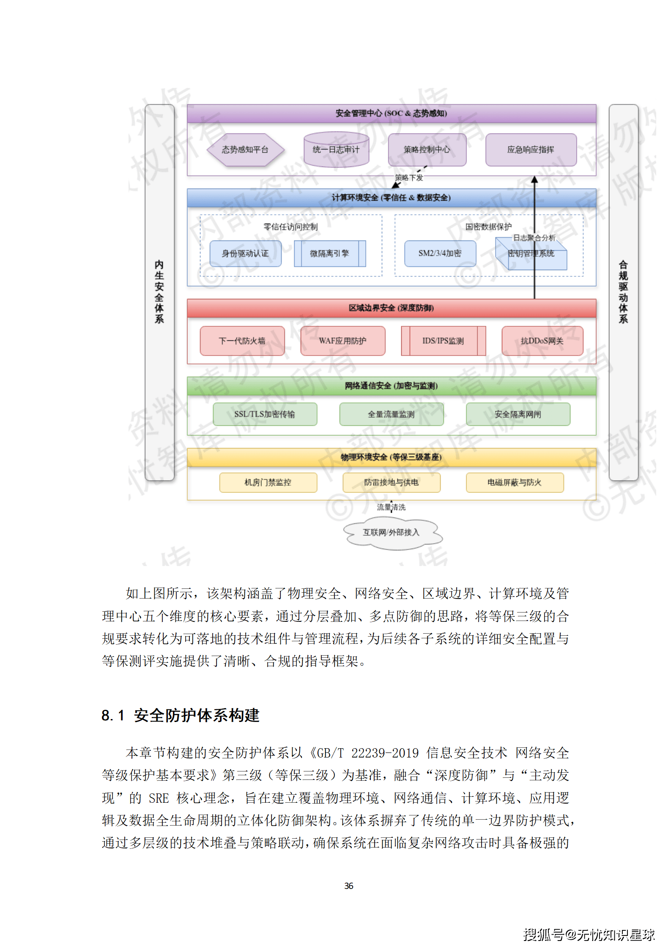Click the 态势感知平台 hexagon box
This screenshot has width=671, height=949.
click(x=245, y=150)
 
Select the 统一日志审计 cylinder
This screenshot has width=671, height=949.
click(x=336, y=150)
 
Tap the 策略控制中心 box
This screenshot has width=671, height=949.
click(x=427, y=150)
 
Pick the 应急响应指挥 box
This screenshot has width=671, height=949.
click(x=531, y=150)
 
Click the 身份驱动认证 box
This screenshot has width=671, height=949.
click(x=245, y=253)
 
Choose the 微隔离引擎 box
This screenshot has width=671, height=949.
click(x=329, y=253)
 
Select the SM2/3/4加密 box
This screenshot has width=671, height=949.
click(x=440, y=253)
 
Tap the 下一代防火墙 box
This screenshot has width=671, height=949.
click(x=242, y=341)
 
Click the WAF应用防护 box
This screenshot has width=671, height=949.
click(x=342, y=341)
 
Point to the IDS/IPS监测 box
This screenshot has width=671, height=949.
click(x=443, y=341)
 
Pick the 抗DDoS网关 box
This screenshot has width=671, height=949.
click(x=542, y=341)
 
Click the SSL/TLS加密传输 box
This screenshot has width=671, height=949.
click(x=265, y=414)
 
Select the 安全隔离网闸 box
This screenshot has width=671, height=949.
click(x=518, y=414)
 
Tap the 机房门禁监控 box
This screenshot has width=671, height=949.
click(x=268, y=482)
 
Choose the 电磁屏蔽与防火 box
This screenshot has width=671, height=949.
click(x=514, y=482)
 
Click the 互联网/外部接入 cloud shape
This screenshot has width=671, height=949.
click(x=391, y=533)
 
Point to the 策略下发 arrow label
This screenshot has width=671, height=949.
click(x=409, y=178)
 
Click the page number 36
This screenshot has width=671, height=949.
click(x=349, y=886)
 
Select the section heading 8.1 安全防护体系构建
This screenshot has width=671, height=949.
click(x=181, y=715)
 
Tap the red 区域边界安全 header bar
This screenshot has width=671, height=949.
click(x=391, y=308)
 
